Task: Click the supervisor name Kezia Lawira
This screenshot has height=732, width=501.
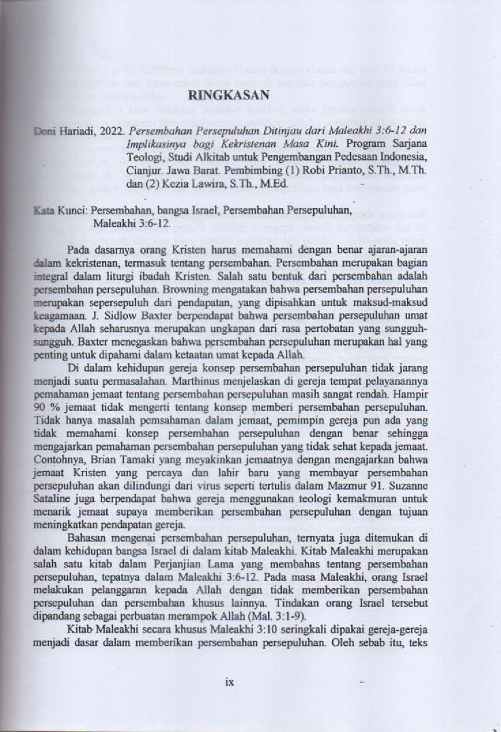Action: [x=187, y=184]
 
